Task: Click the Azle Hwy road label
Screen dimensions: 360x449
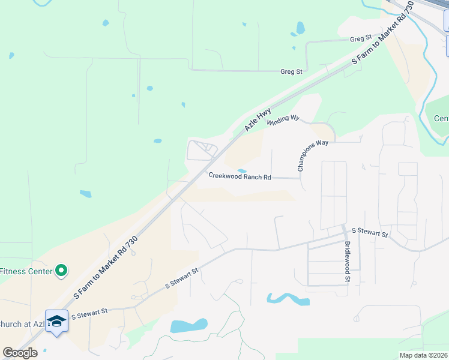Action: click(x=258, y=120)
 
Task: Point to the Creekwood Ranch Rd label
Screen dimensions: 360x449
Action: click(x=240, y=176)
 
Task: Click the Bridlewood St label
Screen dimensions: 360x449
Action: click(x=348, y=261)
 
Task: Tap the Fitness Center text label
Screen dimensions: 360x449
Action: click(x=25, y=271)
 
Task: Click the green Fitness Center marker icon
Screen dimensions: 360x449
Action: click(x=61, y=272)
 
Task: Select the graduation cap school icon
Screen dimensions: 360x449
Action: click(x=56, y=320)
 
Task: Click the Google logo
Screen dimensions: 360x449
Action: click(x=20, y=353)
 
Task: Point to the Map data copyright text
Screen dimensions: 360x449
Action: click(x=423, y=355)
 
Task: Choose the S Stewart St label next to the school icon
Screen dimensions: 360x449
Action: click(x=89, y=313)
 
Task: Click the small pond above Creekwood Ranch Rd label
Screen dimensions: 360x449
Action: click(x=241, y=170)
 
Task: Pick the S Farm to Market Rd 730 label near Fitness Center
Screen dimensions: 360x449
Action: click(x=106, y=268)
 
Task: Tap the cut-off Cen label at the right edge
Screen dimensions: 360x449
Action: click(x=441, y=118)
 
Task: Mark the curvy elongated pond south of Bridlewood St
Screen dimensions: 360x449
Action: click(x=288, y=298)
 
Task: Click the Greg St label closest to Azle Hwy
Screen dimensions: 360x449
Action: click(x=291, y=71)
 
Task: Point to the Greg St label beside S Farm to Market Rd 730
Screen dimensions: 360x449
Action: click(x=361, y=39)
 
